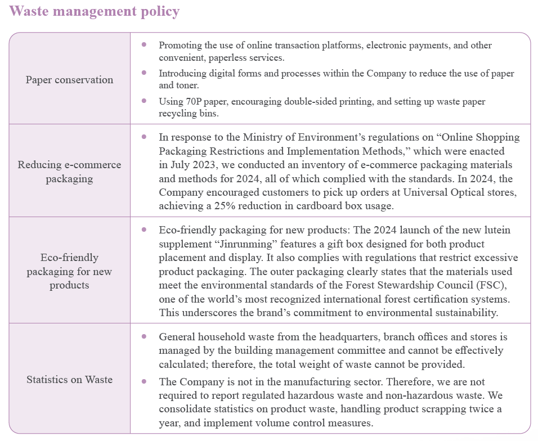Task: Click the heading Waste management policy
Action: [x=95, y=11]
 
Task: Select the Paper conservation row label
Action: [x=69, y=80]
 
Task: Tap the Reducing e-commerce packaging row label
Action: [x=69, y=172]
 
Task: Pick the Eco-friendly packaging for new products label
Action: [x=69, y=271]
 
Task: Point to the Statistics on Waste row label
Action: [x=69, y=380]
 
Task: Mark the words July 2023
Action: [x=193, y=165]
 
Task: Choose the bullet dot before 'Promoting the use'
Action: [x=145, y=44]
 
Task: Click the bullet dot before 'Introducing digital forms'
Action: [x=145, y=73]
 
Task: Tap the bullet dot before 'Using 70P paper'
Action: [x=145, y=101]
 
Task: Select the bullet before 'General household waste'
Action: [x=145, y=336]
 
